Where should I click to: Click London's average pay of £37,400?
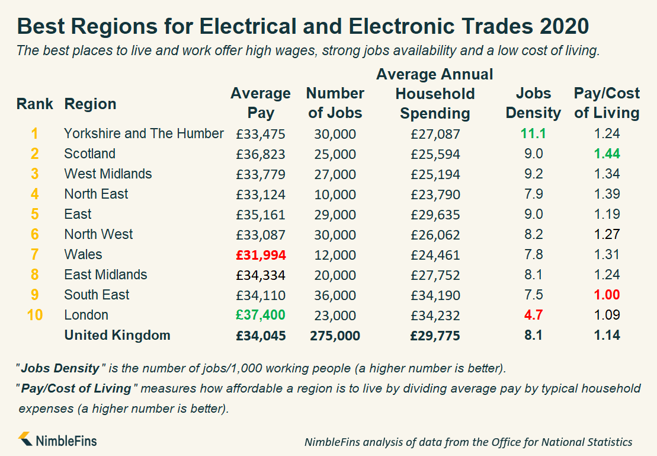pos(261,315)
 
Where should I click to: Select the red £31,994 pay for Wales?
pos(261,254)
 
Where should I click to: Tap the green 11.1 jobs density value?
pos(533,133)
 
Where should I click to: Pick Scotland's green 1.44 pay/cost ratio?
pos(607,154)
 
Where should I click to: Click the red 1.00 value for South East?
pos(607,295)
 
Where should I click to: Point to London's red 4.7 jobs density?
pos(533,315)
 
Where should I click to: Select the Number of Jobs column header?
pos(335,103)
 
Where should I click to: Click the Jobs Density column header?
pos(533,103)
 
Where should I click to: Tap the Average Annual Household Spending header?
pos(435,94)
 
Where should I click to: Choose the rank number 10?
pos(35,315)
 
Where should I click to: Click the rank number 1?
pos(35,133)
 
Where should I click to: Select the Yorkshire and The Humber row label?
pos(144,133)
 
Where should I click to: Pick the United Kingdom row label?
pos(117,335)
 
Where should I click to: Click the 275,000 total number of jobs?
pos(335,336)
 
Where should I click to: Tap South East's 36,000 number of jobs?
pos(335,295)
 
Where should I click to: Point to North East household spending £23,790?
pos(435,194)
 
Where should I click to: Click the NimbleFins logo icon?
pos(25,439)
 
